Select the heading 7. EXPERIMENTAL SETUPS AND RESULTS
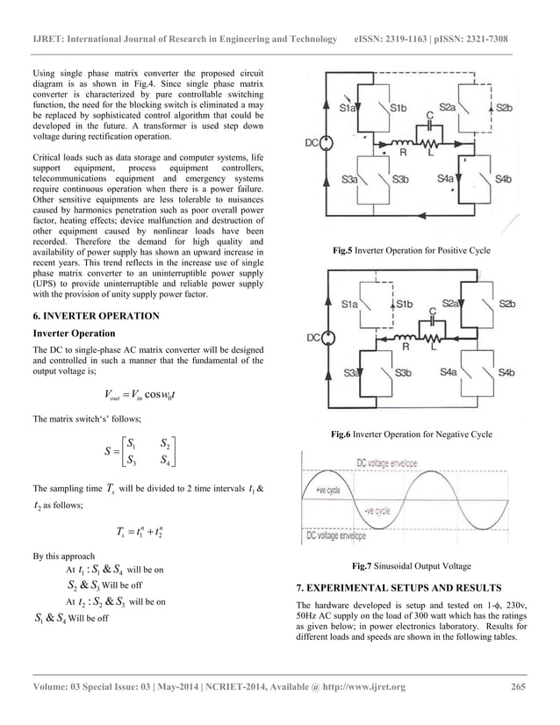coord(398,585)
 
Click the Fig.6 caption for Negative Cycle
coord(411,434)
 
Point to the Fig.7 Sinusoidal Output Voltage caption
coord(411,566)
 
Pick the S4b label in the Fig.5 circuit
coord(504,179)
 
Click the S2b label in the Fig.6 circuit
coord(506,303)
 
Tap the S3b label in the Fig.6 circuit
coord(402,373)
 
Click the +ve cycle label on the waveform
coord(327,491)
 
